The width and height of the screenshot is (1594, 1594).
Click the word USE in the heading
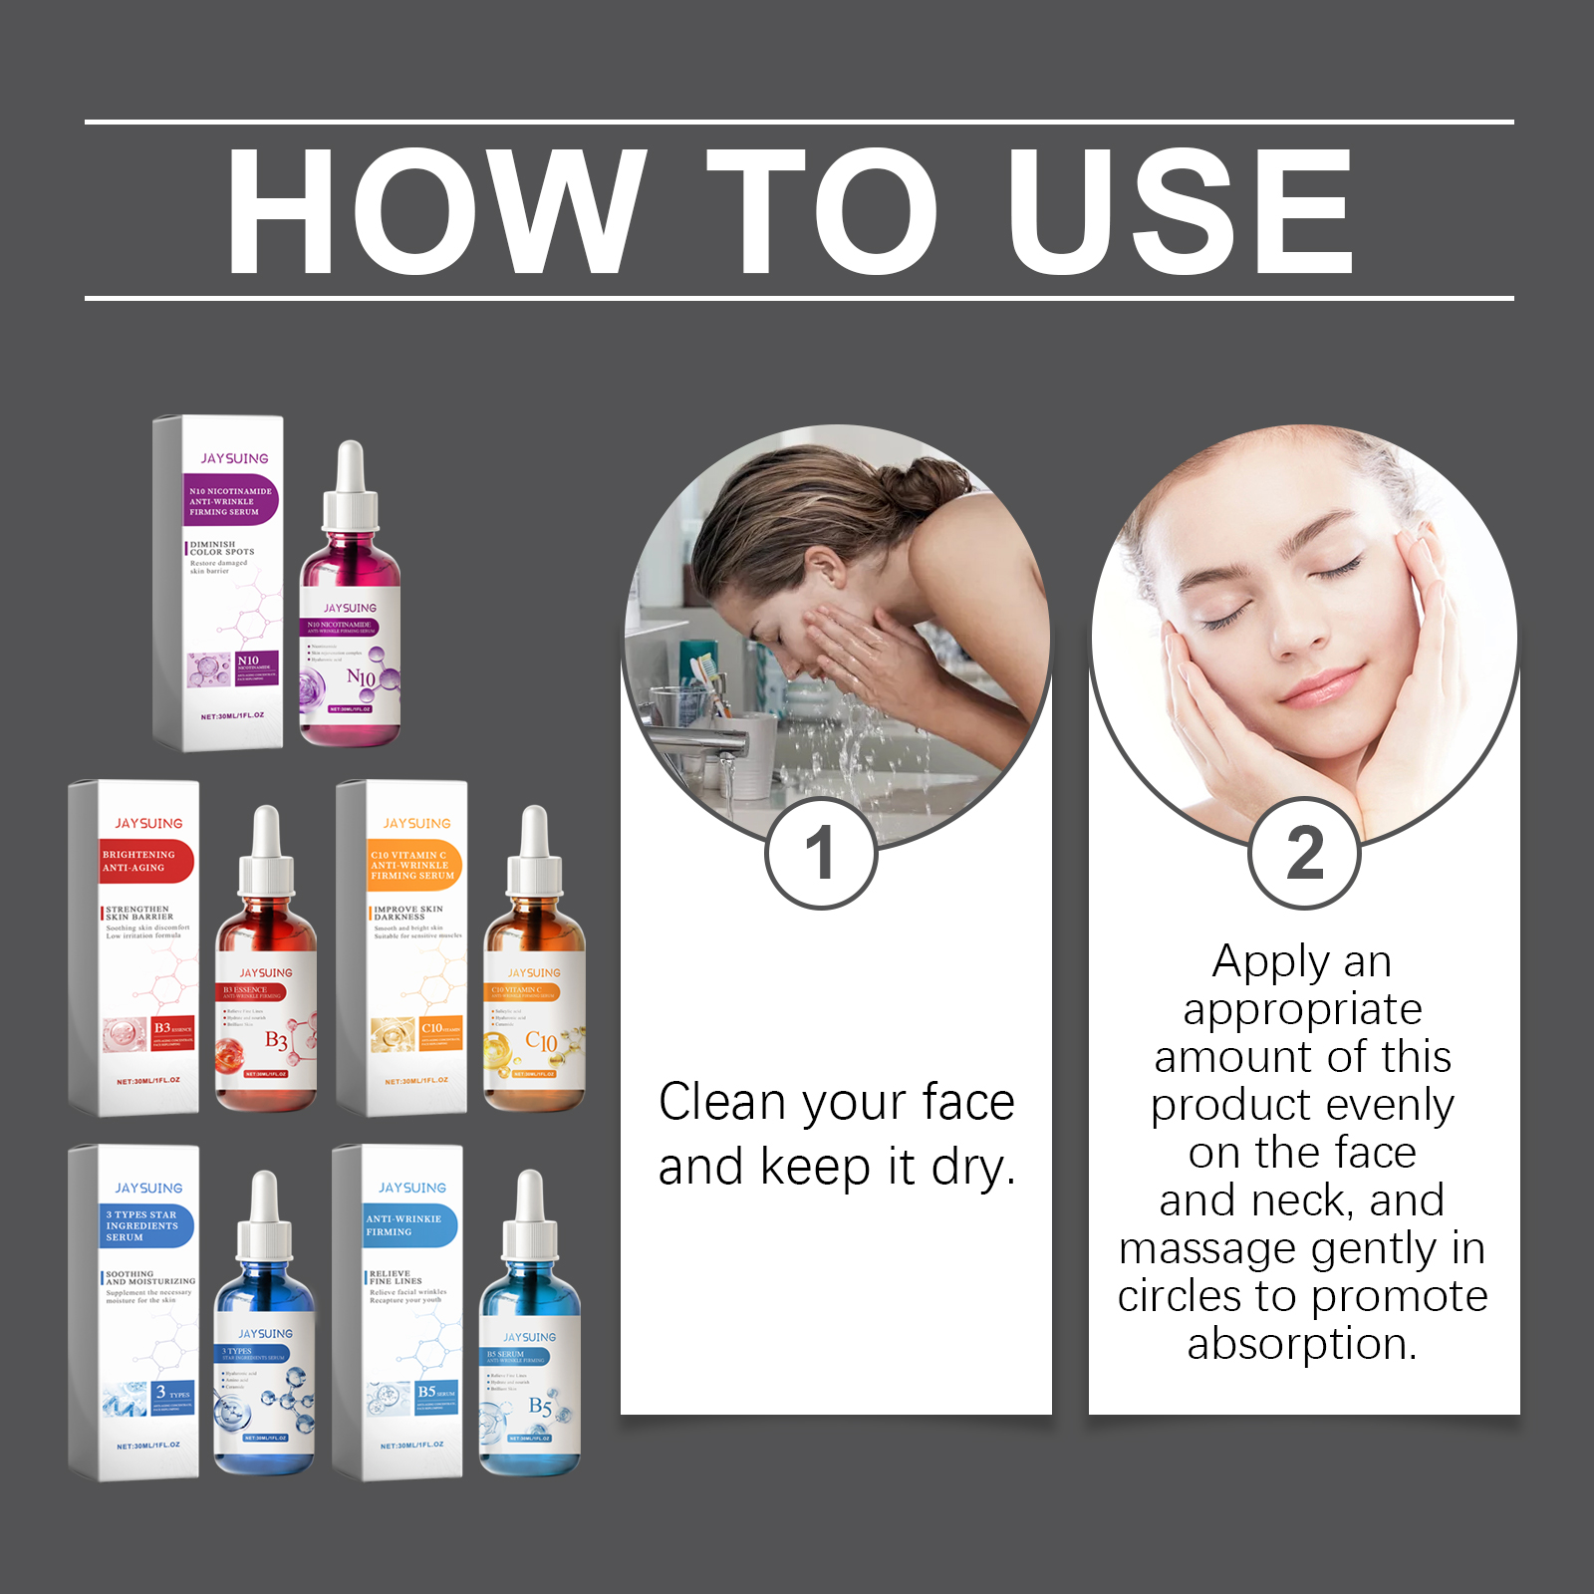click(x=1181, y=210)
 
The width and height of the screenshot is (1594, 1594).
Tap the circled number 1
click(x=821, y=853)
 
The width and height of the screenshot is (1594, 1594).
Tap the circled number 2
click(x=1304, y=853)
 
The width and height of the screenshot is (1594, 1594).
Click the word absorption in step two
click(x=1301, y=1343)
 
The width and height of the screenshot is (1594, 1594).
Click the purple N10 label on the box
click(x=232, y=501)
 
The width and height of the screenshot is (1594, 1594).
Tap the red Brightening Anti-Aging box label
click(x=145, y=862)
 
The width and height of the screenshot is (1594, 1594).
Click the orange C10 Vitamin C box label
click(x=413, y=865)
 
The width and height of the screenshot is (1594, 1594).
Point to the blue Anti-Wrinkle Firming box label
click(x=409, y=1225)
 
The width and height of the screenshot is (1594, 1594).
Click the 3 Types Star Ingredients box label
click(x=145, y=1226)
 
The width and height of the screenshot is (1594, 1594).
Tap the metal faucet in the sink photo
click(x=697, y=742)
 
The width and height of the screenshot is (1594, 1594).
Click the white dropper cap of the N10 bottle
click(x=350, y=493)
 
